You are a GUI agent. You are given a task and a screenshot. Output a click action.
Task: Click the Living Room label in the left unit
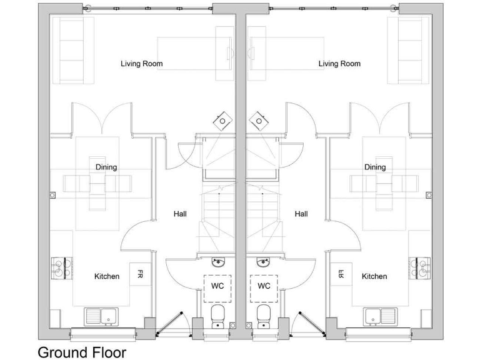141,64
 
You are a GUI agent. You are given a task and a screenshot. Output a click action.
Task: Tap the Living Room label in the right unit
339,64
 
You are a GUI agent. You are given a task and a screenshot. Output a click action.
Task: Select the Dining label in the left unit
106,167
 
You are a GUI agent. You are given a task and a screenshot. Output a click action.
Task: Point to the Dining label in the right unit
375,167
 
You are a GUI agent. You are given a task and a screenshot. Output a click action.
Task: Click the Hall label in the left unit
180,214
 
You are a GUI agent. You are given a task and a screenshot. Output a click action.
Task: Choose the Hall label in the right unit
301,214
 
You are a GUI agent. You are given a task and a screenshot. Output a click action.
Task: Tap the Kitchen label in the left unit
107,276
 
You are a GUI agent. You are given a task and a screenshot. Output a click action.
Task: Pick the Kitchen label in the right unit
374,276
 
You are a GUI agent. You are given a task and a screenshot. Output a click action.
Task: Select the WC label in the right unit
264,287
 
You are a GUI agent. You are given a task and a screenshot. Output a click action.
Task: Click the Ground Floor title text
82,352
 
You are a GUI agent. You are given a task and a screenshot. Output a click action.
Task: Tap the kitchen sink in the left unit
101,317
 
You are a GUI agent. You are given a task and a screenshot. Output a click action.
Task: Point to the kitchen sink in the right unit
381,317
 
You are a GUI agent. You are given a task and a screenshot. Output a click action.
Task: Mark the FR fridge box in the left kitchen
140,274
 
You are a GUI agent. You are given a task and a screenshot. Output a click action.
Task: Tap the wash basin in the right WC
263,261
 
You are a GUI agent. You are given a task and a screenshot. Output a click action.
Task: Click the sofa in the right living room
409,50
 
